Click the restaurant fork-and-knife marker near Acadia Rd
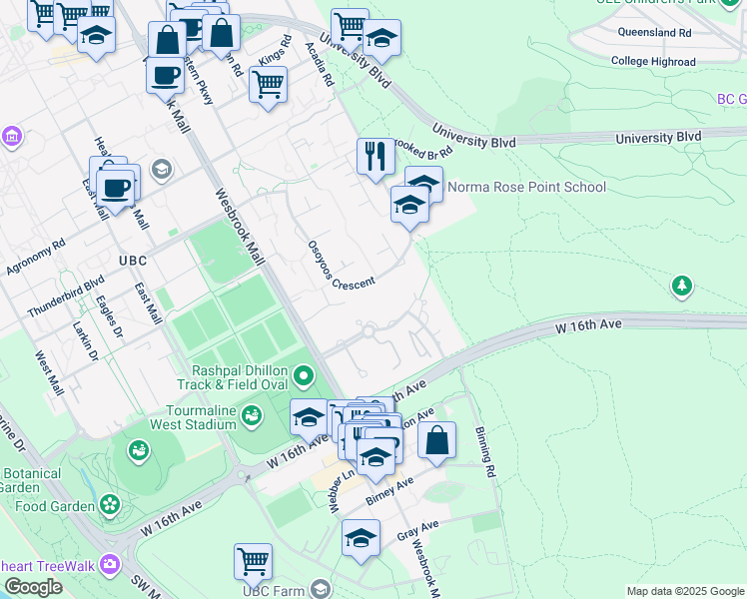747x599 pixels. (x=374, y=156)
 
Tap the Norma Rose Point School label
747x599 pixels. (x=526, y=187)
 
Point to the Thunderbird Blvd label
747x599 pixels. (x=66, y=298)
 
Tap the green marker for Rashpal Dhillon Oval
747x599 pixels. (x=305, y=376)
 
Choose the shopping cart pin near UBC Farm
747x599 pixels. (x=254, y=560)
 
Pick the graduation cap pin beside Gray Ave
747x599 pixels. (x=362, y=539)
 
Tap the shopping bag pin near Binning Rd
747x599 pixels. (x=437, y=439)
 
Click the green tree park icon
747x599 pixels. (x=682, y=287)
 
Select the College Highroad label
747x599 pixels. (x=653, y=62)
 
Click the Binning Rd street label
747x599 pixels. (x=485, y=451)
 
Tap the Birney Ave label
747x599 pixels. (x=389, y=490)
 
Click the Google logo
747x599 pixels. (x=33, y=587)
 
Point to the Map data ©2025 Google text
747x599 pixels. (x=684, y=591)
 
